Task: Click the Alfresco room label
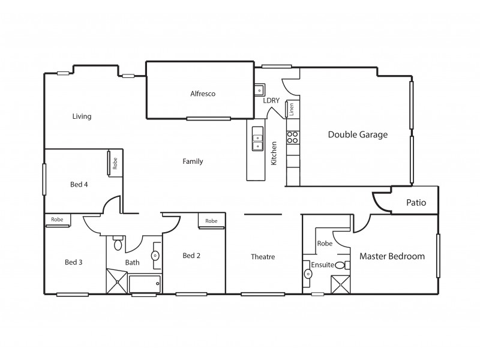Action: pos(202,94)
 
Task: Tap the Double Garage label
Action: pos(358,134)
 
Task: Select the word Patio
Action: pos(416,203)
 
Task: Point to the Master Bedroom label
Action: pos(392,256)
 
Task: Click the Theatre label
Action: pos(263,257)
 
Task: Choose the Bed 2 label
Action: pos(191,256)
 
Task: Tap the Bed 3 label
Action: pos(74,262)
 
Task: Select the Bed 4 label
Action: pos(79,184)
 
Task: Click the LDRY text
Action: pos(271,100)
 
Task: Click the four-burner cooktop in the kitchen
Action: pos(292,137)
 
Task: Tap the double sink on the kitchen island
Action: pos(257,138)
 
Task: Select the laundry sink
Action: pos(260,90)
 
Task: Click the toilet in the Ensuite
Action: pos(340,265)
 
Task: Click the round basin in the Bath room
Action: pos(155,255)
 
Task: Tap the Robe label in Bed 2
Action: pos(211,221)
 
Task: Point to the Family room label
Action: pos(193,161)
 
